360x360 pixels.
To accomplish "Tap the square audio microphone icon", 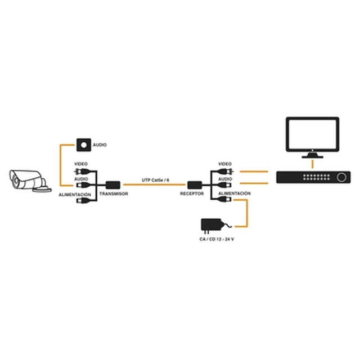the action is (84, 145).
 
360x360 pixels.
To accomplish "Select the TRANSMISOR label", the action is (114, 193).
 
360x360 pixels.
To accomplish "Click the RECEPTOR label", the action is (192, 193).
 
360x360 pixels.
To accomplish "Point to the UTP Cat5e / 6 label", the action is (155, 180).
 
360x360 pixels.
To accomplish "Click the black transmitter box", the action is (112, 185).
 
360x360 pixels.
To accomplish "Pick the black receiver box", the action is (195, 185).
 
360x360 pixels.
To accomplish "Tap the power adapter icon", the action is (211, 225).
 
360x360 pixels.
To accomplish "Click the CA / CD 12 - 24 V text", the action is (217, 239).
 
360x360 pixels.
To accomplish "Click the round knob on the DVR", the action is (341, 177).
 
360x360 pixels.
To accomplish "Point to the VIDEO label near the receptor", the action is (225, 164).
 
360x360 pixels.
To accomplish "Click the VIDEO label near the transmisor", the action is (81, 164).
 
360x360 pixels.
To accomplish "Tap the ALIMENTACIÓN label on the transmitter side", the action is (75, 195).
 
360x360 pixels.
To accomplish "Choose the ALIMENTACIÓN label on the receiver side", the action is (235, 193).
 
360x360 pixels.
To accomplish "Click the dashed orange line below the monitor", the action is (313, 164).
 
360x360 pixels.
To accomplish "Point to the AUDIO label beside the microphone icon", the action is (100, 145).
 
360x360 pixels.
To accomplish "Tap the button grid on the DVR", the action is (316, 177).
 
